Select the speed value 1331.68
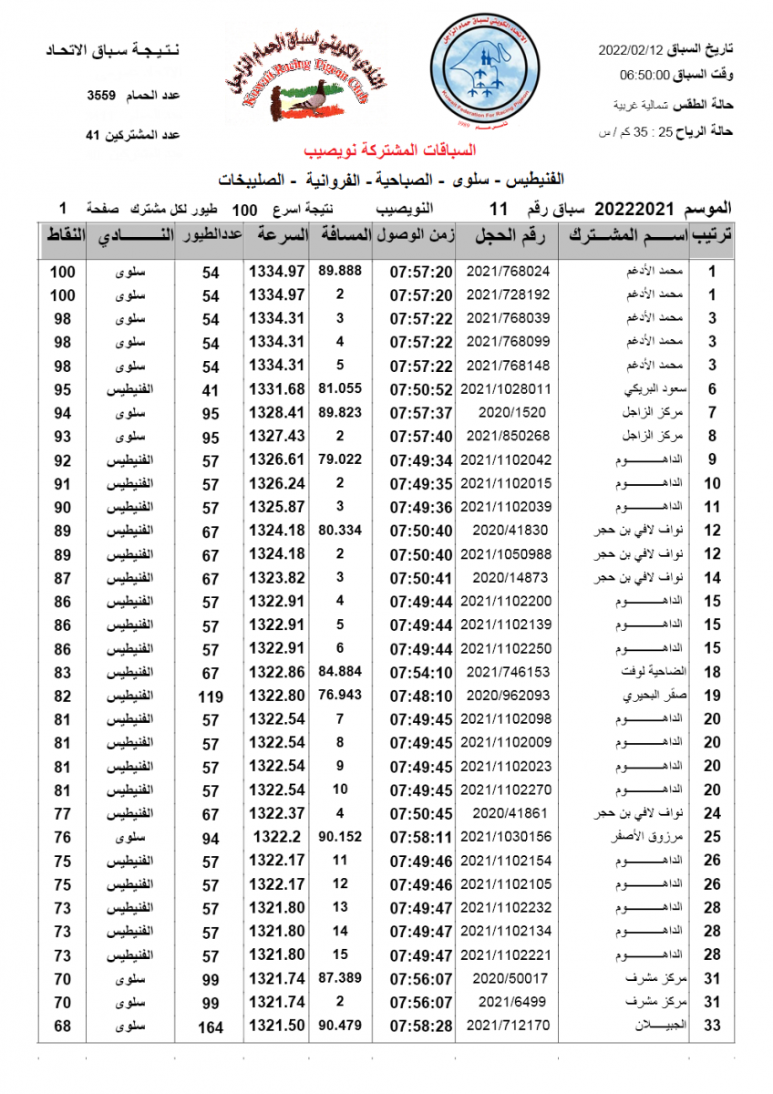click(276, 389)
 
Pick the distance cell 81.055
click(340, 389)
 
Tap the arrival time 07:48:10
click(420, 696)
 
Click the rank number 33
click(713, 1027)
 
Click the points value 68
click(62, 1027)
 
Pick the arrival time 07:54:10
click(420, 672)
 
